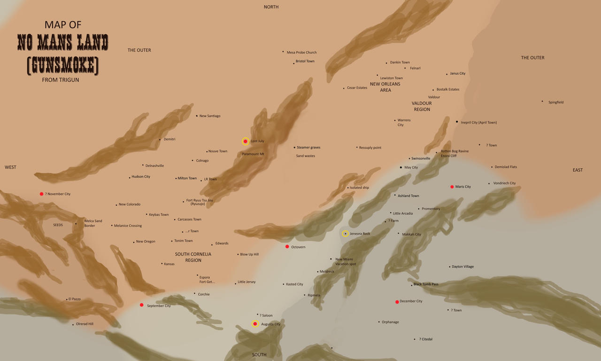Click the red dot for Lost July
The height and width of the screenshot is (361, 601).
245,141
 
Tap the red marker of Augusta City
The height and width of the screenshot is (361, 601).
255,324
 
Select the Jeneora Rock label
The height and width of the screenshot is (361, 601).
360,234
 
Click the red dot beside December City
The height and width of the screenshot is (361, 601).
397,302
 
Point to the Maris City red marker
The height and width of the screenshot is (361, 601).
452,187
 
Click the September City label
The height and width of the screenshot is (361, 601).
159,306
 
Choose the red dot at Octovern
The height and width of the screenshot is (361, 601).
287,247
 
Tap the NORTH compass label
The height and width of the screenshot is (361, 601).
271,7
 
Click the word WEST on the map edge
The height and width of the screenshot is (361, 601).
10,167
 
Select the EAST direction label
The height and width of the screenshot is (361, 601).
578,170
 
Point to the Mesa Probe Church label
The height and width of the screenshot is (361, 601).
301,53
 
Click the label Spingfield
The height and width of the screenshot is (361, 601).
556,102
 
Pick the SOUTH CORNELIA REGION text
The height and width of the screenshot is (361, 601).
193,257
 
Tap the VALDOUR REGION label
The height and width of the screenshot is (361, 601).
422,106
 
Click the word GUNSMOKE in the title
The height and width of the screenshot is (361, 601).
63,66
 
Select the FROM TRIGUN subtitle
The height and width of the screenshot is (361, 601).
61,80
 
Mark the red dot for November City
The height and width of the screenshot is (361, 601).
41,194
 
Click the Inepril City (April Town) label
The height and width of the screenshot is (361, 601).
478,123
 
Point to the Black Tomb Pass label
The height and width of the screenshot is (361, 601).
426,284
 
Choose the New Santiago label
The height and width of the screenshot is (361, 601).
210,116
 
